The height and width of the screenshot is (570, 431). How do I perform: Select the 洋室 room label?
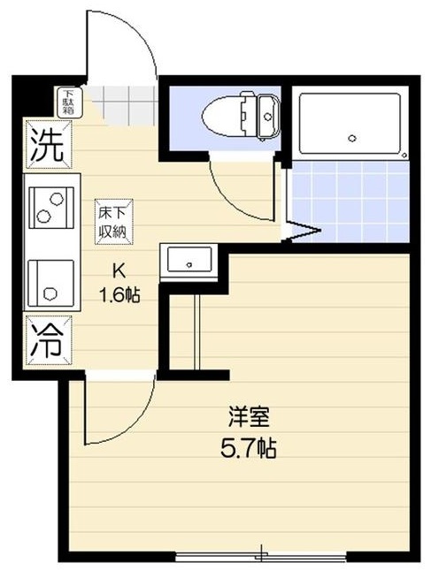click(x=248, y=414)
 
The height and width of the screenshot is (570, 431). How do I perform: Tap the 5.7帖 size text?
click(x=248, y=448)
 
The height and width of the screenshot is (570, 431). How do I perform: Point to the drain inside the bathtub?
click(x=352, y=137)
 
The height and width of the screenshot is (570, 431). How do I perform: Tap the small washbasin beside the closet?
click(x=187, y=262)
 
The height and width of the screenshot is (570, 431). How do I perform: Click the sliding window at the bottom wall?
click(x=260, y=556)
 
